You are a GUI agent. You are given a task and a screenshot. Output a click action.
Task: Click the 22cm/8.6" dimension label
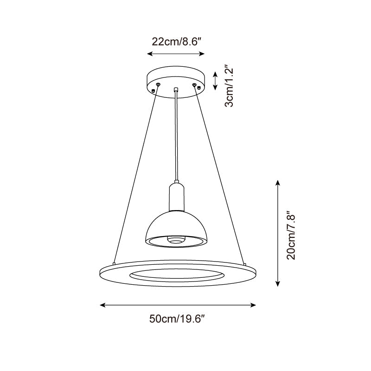(176, 41)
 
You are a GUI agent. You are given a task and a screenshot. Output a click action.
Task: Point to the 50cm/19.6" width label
(178, 319)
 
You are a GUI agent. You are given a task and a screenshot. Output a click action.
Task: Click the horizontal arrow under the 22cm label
(176, 54)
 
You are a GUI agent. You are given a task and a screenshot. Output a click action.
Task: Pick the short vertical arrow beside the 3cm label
(215, 81)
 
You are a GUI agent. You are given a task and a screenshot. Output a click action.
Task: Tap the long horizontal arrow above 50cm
(179, 305)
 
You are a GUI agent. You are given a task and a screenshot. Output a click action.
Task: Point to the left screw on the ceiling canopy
(158, 84)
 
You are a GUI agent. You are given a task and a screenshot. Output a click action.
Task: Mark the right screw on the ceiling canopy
(194, 84)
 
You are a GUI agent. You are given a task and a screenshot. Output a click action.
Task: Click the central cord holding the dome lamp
(176, 134)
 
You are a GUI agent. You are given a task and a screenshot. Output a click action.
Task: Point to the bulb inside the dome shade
(176, 240)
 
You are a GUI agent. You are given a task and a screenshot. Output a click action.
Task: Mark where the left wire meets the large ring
(114, 261)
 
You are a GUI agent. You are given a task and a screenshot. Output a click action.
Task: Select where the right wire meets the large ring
(243, 261)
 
